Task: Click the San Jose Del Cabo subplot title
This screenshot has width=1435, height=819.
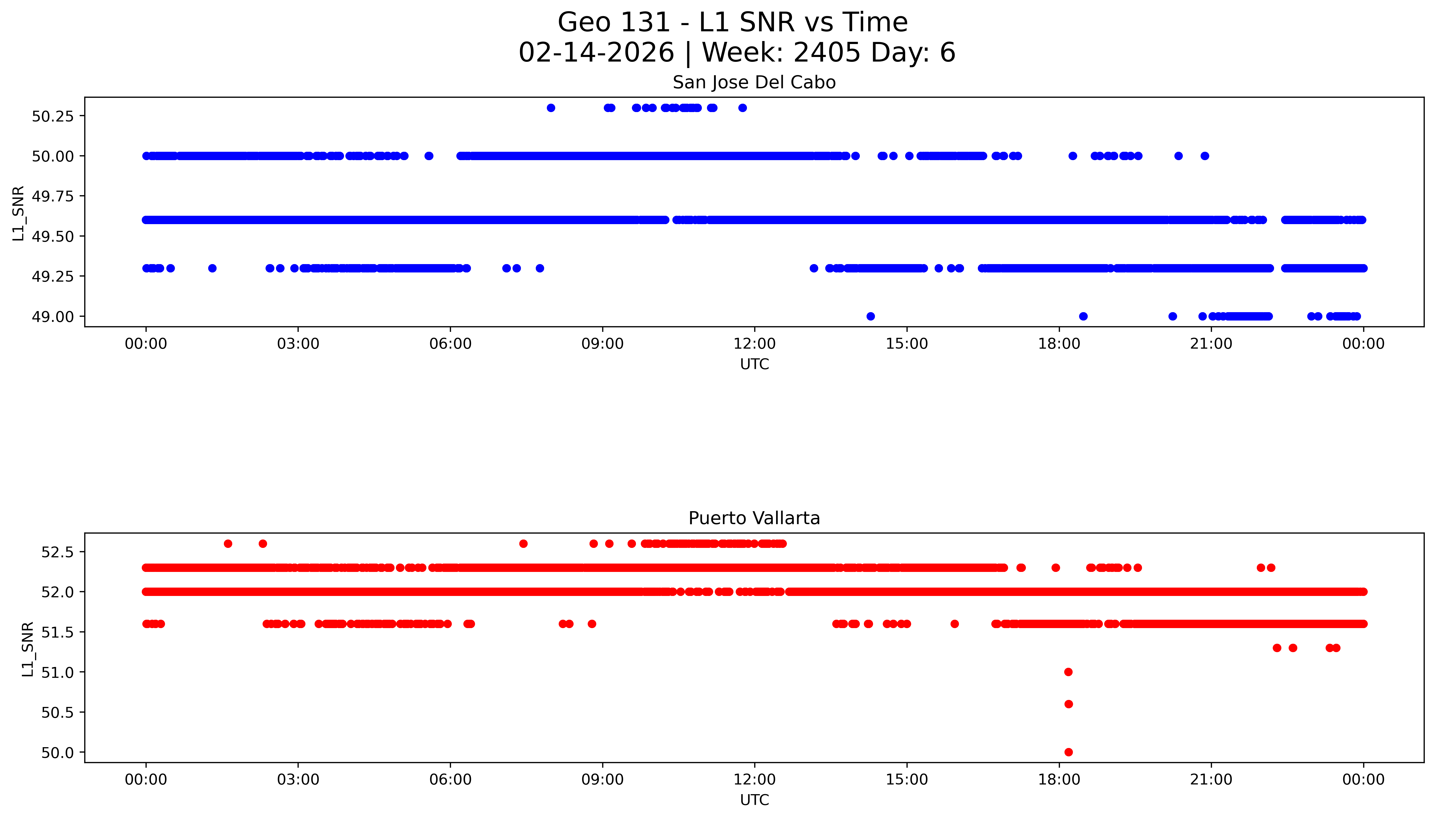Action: (x=754, y=83)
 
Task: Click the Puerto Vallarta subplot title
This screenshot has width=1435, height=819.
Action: (x=754, y=518)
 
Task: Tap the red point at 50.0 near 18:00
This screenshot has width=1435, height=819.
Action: (x=1068, y=752)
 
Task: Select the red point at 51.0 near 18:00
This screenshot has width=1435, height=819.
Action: (x=1068, y=672)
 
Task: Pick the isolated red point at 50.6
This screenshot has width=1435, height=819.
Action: (x=1068, y=704)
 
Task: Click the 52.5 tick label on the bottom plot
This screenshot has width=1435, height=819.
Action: (x=57, y=552)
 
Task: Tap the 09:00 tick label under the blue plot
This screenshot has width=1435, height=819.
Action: (x=602, y=344)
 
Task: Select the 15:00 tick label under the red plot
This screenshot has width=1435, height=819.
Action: (x=907, y=780)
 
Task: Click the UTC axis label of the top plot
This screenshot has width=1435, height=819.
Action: (x=754, y=365)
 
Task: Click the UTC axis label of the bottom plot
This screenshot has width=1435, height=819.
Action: (x=754, y=800)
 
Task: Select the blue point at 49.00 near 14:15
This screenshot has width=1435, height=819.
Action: (x=870, y=316)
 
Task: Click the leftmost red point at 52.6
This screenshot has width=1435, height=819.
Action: (x=228, y=543)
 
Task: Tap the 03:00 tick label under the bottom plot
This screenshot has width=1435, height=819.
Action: (x=298, y=780)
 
